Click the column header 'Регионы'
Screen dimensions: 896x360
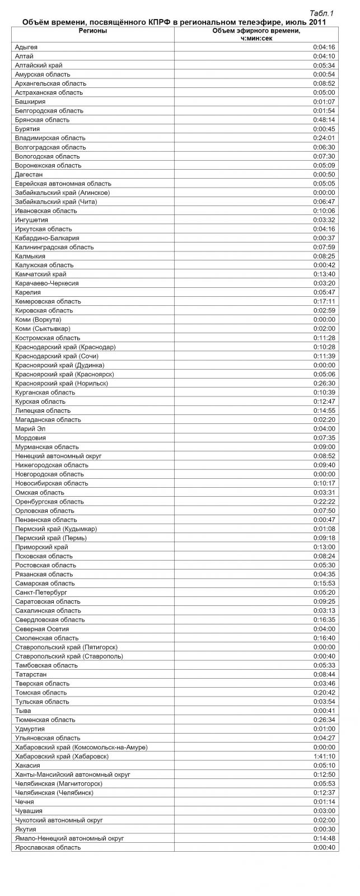[x=93, y=31]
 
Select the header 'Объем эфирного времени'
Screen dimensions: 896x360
[x=256, y=31]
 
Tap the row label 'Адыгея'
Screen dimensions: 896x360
[x=26, y=47]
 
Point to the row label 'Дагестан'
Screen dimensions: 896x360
[x=29, y=174]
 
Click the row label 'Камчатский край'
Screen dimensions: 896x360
[x=41, y=274]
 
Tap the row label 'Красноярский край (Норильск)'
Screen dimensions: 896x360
[x=62, y=383]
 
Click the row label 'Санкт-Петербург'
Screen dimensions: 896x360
[x=41, y=592]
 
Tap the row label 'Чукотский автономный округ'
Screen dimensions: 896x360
[x=59, y=820]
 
